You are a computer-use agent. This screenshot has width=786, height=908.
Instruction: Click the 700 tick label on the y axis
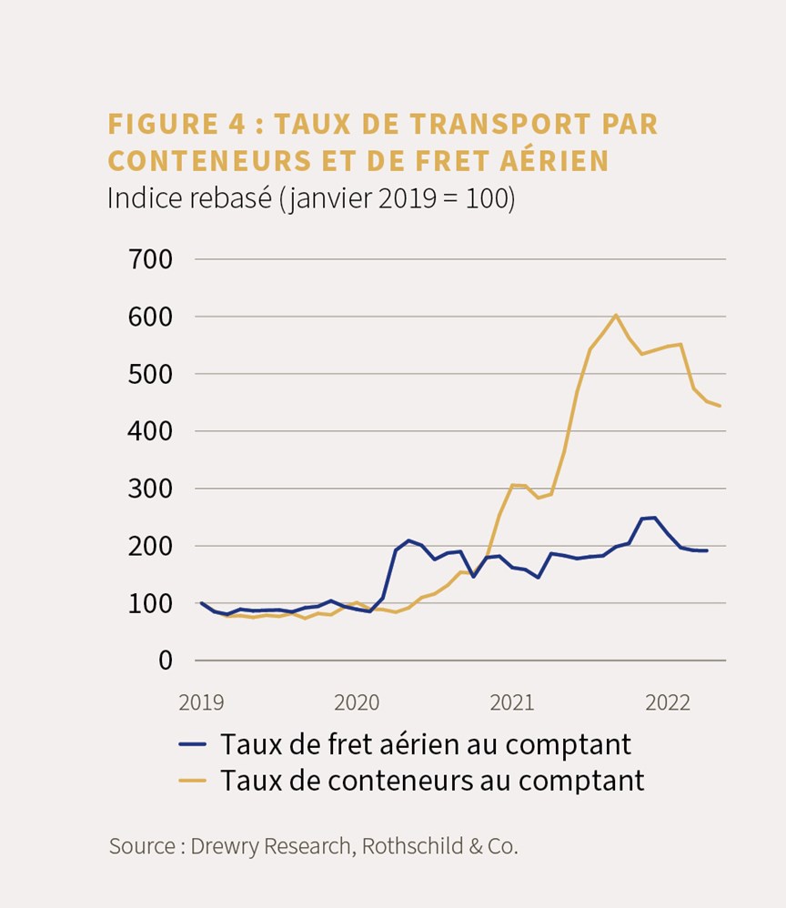click(x=150, y=259)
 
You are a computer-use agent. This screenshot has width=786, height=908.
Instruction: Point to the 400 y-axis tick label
click(x=150, y=431)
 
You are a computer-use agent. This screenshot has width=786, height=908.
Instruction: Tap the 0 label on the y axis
click(x=166, y=661)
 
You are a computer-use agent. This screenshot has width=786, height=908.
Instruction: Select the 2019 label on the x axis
click(x=201, y=702)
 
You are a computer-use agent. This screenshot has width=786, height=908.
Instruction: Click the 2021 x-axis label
click(x=511, y=702)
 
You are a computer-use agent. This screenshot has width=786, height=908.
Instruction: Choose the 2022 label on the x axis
click(x=668, y=702)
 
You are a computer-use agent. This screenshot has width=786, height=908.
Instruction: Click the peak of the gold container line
click(x=615, y=315)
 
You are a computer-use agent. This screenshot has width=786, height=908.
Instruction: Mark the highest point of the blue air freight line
click(x=654, y=517)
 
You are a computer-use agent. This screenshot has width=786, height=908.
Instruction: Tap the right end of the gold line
click(x=720, y=406)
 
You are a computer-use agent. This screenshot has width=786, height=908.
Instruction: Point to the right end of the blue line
click(x=707, y=550)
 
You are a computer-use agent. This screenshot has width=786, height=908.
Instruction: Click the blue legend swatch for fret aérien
click(x=192, y=745)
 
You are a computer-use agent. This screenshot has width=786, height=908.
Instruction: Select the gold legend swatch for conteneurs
click(x=192, y=781)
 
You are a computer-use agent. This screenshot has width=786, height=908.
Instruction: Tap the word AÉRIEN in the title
click(x=554, y=161)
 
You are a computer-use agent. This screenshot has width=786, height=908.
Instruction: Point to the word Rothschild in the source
click(x=412, y=847)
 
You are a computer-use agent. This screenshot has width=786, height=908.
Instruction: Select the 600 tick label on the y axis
click(x=150, y=317)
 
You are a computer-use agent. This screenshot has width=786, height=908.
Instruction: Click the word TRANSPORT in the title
click(x=500, y=124)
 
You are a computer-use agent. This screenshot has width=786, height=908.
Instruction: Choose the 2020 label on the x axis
click(x=357, y=702)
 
